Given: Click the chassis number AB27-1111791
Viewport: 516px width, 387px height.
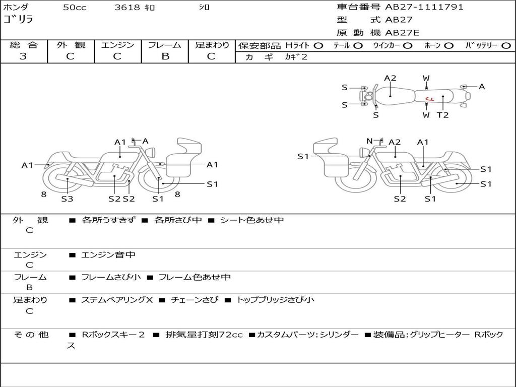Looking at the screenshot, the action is [424, 7].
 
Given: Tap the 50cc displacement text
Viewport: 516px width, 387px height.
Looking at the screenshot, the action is [75, 8].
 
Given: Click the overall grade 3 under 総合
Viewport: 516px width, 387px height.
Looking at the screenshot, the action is [23, 56].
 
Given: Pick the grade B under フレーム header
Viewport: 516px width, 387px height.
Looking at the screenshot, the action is [165, 56].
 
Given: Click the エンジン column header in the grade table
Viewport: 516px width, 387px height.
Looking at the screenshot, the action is [117, 45].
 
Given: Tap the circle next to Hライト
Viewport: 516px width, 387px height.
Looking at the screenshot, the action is [318, 45].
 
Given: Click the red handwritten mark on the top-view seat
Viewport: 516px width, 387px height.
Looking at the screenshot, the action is [429, 99].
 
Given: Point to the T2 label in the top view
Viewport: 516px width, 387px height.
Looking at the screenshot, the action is [442, 115].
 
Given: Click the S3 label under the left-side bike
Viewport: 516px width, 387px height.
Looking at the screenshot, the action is [67, 199].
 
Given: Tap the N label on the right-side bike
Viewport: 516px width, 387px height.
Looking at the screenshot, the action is [369, 141].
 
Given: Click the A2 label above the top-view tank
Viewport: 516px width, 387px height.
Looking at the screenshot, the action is [390, 78].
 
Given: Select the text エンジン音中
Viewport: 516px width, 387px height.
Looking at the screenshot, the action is [108, 255].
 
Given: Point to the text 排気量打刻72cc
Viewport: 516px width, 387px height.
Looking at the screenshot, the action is [204, 335].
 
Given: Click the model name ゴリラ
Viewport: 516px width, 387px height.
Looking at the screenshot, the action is [18, 20].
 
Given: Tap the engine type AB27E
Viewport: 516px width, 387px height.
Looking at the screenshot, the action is [402, 33].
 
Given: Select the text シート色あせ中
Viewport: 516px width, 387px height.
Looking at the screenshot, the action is [252, 220].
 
